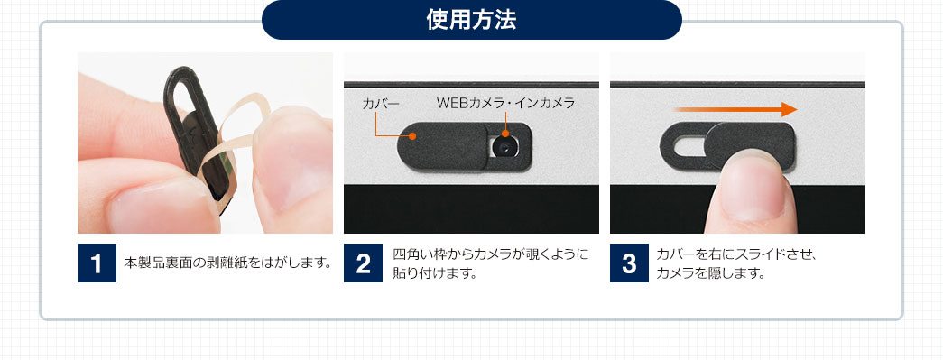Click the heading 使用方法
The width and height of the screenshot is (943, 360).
click(471, 21)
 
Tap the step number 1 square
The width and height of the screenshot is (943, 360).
click(97, 263)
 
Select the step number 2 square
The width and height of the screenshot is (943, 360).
click(364, 263)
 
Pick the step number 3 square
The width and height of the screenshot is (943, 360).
click(629, 263)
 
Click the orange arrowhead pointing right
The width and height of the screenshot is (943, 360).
click(789, 109)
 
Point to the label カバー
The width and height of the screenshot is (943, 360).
click(381, 104)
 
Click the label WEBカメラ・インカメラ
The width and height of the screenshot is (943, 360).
click(505, 104)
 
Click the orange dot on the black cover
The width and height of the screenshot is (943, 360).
click(412, 136)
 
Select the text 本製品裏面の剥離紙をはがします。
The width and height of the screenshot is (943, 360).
click(228, 263)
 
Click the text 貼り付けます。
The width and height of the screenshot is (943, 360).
click(434, 273)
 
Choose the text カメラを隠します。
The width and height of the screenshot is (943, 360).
click(711, 273)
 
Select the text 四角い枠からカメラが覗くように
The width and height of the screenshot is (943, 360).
click(490, 254)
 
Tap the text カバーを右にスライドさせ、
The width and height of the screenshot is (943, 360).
click(735, 254)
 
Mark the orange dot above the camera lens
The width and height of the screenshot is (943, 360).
click(505, 134)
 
